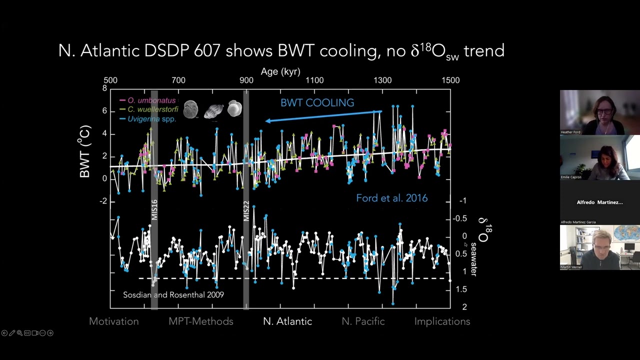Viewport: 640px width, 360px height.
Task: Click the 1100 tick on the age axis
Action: (x=314, y=80)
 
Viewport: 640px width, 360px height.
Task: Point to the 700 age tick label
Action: (x=178, y=80)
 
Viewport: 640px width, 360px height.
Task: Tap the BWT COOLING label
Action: (x=317, y=103)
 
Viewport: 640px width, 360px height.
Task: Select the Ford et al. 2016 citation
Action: (x=391, y=198)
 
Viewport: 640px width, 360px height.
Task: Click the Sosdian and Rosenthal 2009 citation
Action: (x=173, y=295)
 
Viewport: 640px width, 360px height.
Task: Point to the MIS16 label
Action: (x=154, y=210)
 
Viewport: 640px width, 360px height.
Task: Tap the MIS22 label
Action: (x=246, y=211)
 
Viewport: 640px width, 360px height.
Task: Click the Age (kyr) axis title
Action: (x=280, y=71)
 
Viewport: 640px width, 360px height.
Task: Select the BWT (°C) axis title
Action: (x=84, y=151)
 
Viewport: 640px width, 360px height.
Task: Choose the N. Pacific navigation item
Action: (x=363, y=321)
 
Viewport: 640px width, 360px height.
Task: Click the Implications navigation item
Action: (x=442, y=321)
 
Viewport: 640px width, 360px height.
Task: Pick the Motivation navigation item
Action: (x=114, y=321)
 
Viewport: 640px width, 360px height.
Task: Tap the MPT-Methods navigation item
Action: (x=201, y=321)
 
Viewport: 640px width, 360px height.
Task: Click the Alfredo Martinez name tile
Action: (x=599, y=202)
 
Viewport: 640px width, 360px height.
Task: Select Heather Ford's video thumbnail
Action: (x=599, y=112)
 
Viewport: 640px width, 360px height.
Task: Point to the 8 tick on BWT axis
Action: (x=104, y=88)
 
